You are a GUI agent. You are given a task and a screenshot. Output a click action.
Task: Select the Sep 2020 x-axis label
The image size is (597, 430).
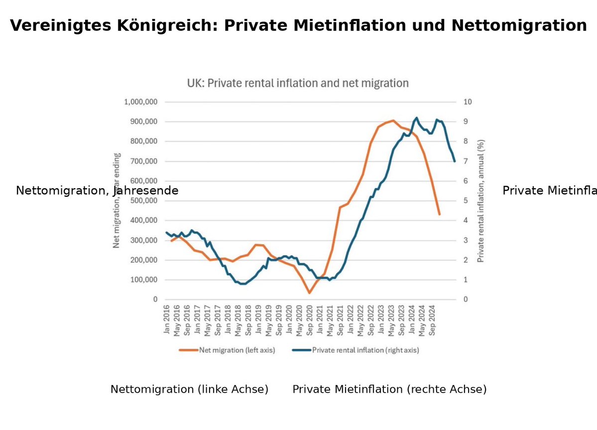pyautogui.click(x=309, y=320)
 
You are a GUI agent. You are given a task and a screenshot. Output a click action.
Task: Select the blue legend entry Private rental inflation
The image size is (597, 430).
pyautogui.click(x=365, y=350)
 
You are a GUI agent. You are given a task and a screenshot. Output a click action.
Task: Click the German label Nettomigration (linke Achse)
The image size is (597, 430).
pyautogui.click(x=189, y=390)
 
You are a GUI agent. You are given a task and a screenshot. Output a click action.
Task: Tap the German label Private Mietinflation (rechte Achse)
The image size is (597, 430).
pyautogui.click(x=389, y=390)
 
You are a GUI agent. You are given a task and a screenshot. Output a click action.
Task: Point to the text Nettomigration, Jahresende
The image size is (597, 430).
pyautogui.click(x=97, y=191)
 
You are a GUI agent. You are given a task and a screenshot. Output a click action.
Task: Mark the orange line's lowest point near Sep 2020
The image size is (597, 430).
pyautogui.click(x=309, y=292)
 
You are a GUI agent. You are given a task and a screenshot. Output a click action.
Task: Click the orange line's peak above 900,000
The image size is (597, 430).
pyautogui.click(x=393, y=121)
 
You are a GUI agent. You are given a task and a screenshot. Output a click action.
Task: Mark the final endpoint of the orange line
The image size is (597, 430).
pyautogui.click(x=439, y=214)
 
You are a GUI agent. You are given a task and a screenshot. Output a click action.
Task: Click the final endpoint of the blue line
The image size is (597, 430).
pyautogui.click(x=455, y=161)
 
